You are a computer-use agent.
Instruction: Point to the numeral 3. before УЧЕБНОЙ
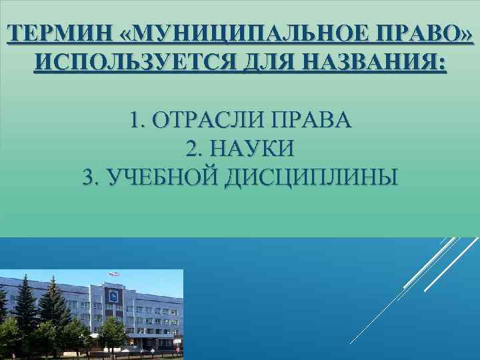(x=89, y=177)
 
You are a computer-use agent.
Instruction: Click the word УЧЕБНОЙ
(x=154, y=177)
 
